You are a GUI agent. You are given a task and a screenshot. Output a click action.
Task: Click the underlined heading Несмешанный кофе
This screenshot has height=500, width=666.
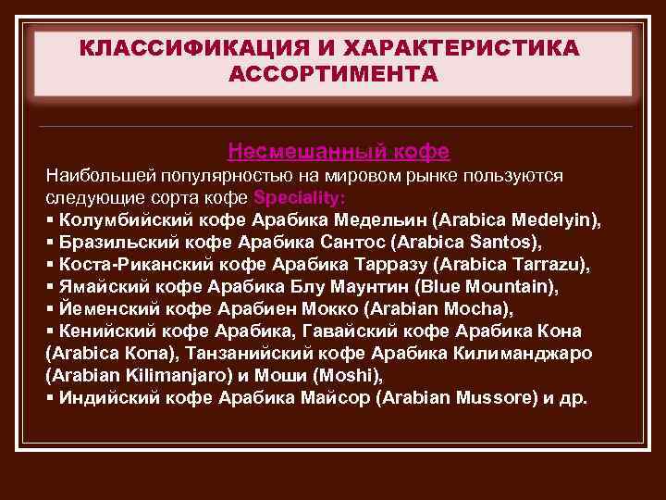pyautogui.click(x=339, y=151)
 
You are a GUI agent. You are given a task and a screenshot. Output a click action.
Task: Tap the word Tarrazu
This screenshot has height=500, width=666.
pyautogui.click(x=542, y=265)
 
